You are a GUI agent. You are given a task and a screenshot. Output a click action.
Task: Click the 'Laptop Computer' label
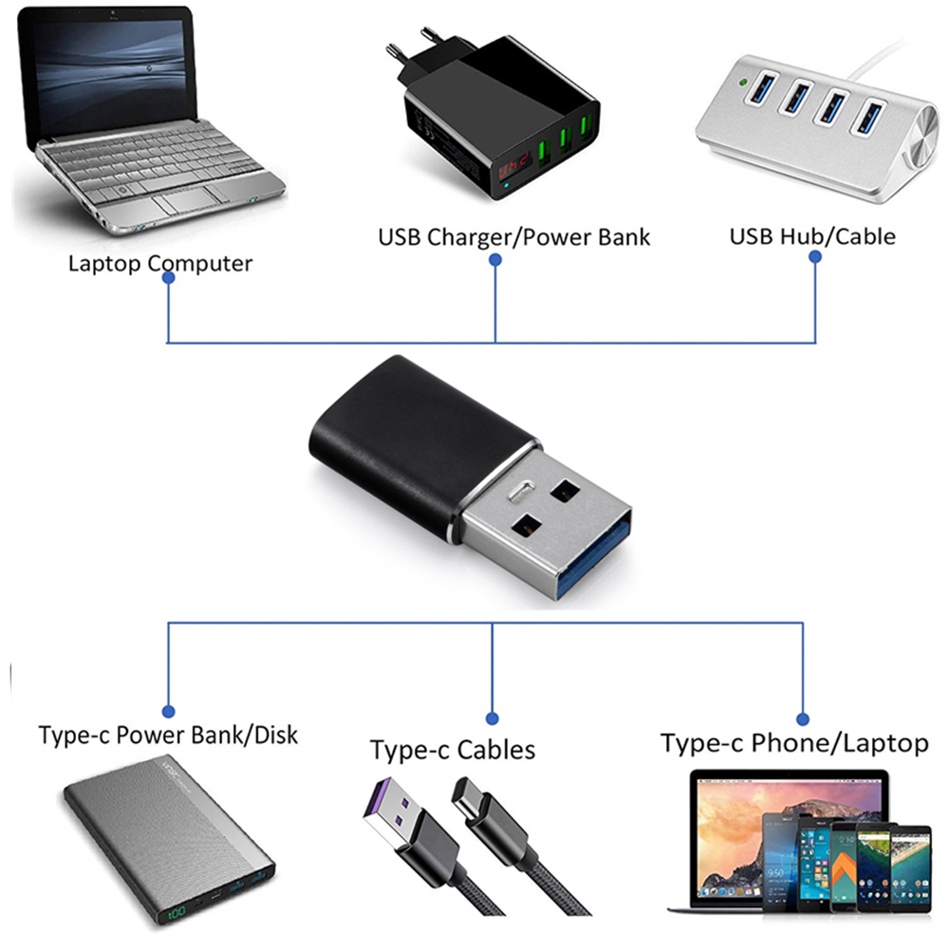coord(159,263)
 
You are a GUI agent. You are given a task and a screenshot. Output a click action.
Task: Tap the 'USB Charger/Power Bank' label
coord(514,235)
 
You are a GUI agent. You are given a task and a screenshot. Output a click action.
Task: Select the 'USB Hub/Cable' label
coord(812,235)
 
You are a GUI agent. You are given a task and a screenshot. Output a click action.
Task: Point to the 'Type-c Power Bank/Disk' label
coord(168,735)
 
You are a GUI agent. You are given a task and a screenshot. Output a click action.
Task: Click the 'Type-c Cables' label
coord(453,751)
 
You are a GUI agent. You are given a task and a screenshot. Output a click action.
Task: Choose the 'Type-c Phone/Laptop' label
coord(793,743)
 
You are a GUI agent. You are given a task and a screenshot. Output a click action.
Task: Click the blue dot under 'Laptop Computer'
coord(168,279)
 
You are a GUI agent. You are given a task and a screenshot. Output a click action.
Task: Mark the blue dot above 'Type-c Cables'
coord(492,718)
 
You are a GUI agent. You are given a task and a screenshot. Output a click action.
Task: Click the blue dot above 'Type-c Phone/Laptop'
coord(803,718)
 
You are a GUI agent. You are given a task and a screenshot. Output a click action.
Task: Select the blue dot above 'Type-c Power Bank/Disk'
coord(168,711)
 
